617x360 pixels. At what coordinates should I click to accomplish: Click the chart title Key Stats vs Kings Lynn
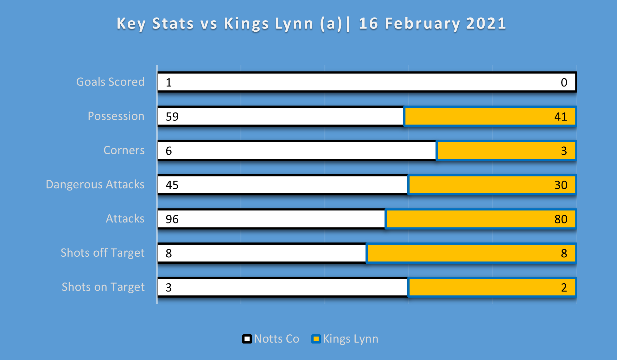click(311, 24)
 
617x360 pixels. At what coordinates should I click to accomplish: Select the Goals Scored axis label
click(110, 82)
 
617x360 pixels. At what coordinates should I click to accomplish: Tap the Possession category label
click(116, 116)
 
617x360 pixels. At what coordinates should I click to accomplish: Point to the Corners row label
click(124, 150)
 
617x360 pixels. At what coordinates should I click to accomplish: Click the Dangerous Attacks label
click(95, 184)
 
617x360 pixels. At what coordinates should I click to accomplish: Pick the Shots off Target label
click(102, 253)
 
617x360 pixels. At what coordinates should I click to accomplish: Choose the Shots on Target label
click(103, 287)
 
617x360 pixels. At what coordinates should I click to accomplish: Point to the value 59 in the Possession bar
click(172, 117)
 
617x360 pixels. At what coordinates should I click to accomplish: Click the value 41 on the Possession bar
click(561, 117)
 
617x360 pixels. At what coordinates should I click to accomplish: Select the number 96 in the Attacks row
click(172, 219)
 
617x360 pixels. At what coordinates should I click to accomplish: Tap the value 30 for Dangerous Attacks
click(561, 185)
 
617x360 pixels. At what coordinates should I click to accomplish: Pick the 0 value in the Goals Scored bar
click(564, 82)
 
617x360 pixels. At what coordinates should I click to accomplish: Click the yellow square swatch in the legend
click(316, 339)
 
